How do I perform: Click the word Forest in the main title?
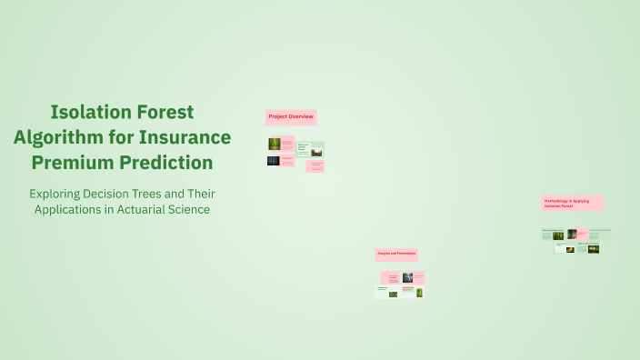click(165, 112)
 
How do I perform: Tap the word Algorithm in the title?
click(57, 137)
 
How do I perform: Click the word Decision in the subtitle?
click(118, 194)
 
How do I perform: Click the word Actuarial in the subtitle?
click(147, 209)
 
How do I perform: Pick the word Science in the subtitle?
click(192, 209)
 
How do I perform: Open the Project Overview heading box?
click(291, 117)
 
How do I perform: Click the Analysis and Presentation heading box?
click(396, 254)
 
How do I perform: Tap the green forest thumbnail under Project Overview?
click(274, 144)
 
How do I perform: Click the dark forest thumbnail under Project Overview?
click(273, 160)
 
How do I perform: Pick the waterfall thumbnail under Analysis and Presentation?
click(408, 277)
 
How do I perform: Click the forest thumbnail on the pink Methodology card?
click(572, 234)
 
